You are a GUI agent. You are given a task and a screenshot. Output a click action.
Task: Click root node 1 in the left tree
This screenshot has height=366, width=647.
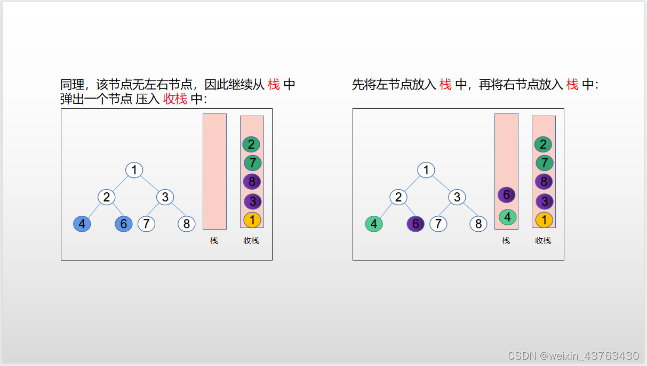click(x=134, y=170)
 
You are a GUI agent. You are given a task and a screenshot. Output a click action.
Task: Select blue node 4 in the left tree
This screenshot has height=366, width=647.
click(x=82, y=224)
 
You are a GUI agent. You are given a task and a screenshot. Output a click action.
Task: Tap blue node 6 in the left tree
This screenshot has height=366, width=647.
click(x=124, y=224)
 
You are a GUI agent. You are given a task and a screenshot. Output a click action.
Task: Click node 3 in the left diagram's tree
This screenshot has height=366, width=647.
click(x=165, y=197)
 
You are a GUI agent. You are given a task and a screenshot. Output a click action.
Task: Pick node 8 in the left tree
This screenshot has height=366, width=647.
click(x=187, y=224)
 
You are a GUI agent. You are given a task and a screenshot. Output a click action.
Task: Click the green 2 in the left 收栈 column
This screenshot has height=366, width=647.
click(x=251, y=144)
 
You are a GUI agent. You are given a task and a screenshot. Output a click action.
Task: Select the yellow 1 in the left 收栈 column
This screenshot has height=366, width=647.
click(x=252, y=219)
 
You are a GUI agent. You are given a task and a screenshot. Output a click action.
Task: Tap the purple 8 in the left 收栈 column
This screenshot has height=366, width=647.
click(x=252, y=182)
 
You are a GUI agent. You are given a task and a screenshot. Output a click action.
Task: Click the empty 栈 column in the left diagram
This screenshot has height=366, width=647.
click(x=214, y=171)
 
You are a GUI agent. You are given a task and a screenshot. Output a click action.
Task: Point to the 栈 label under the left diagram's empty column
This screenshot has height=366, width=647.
click(x=214, y=241)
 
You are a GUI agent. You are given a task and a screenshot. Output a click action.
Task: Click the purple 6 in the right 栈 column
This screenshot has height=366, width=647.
click(x=507, y=195)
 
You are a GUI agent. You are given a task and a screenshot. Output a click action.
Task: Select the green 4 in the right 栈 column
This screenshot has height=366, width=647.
click(x=508, y=217)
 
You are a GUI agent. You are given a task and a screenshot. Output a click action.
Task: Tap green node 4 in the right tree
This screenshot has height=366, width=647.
click(x=374, y=224)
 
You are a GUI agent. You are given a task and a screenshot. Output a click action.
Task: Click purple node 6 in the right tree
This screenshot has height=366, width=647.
click(x=416, y=224)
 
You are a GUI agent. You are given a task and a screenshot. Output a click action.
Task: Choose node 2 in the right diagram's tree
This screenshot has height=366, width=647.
click(x=398, y=197)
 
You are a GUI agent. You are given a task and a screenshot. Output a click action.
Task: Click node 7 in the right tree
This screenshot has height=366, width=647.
click(x=438, y=224)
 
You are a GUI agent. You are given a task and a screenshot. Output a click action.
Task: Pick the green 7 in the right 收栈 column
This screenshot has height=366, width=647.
click(x=545, y=163)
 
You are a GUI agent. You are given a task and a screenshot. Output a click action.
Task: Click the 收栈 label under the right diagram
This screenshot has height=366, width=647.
click(x=543, y=241)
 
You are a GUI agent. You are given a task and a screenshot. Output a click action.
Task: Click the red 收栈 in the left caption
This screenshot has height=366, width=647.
click(x=175, y=99)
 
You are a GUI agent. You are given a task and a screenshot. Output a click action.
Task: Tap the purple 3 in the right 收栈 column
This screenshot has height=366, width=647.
click(x=545, y=201)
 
